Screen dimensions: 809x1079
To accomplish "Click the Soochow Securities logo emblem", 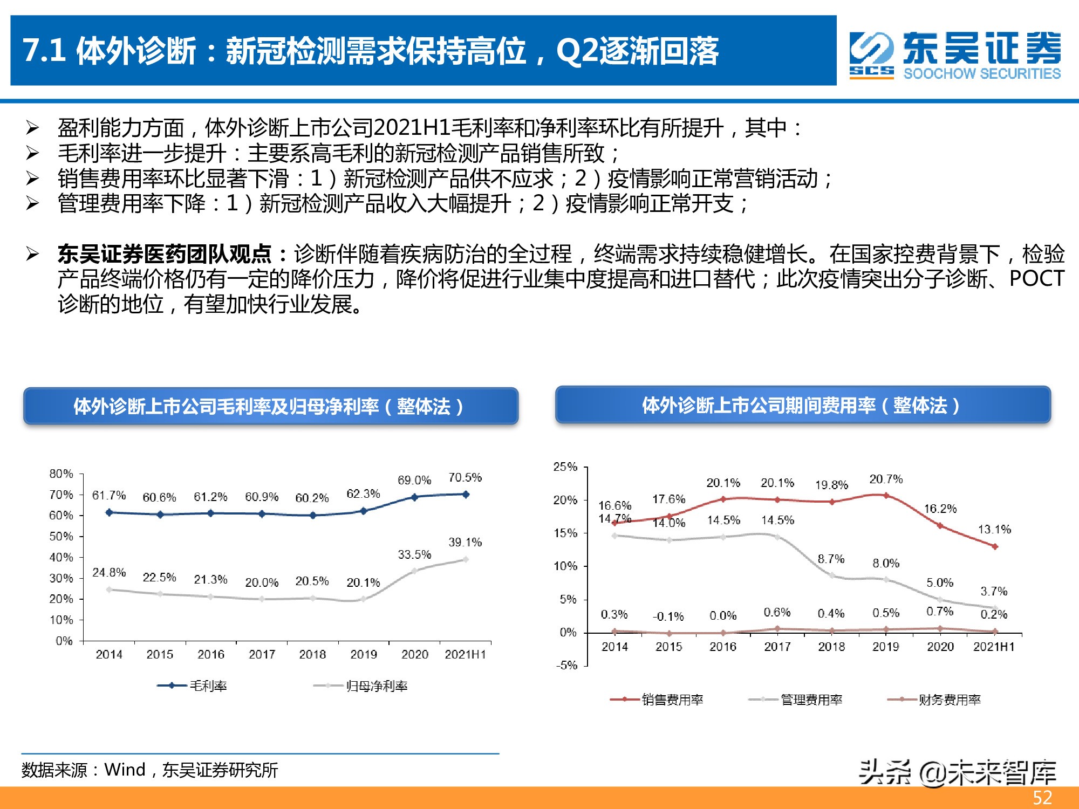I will (871, 55).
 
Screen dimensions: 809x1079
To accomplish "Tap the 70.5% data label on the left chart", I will (465, 477).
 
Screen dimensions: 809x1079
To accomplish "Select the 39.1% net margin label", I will (465, 542).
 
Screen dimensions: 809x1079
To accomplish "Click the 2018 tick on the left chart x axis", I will (312, 654).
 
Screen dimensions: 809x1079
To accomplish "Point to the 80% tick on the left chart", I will (61, 474).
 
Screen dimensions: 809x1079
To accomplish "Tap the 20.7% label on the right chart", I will (885, 479).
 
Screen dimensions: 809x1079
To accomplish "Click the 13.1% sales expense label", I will (994, 529).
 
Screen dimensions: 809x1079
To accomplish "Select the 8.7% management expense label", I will (831, 559).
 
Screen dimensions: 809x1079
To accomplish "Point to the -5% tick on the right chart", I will (566, 665).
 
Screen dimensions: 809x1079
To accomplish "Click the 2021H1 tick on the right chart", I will (994, 646).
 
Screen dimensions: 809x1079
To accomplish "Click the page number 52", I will (1042, 798).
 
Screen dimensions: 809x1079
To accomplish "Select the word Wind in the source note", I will (125, 770).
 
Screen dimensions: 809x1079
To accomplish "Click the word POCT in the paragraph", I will (1036, 279).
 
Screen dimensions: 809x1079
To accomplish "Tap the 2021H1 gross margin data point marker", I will (466, 494).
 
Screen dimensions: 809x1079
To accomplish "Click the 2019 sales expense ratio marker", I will (886, 495).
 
